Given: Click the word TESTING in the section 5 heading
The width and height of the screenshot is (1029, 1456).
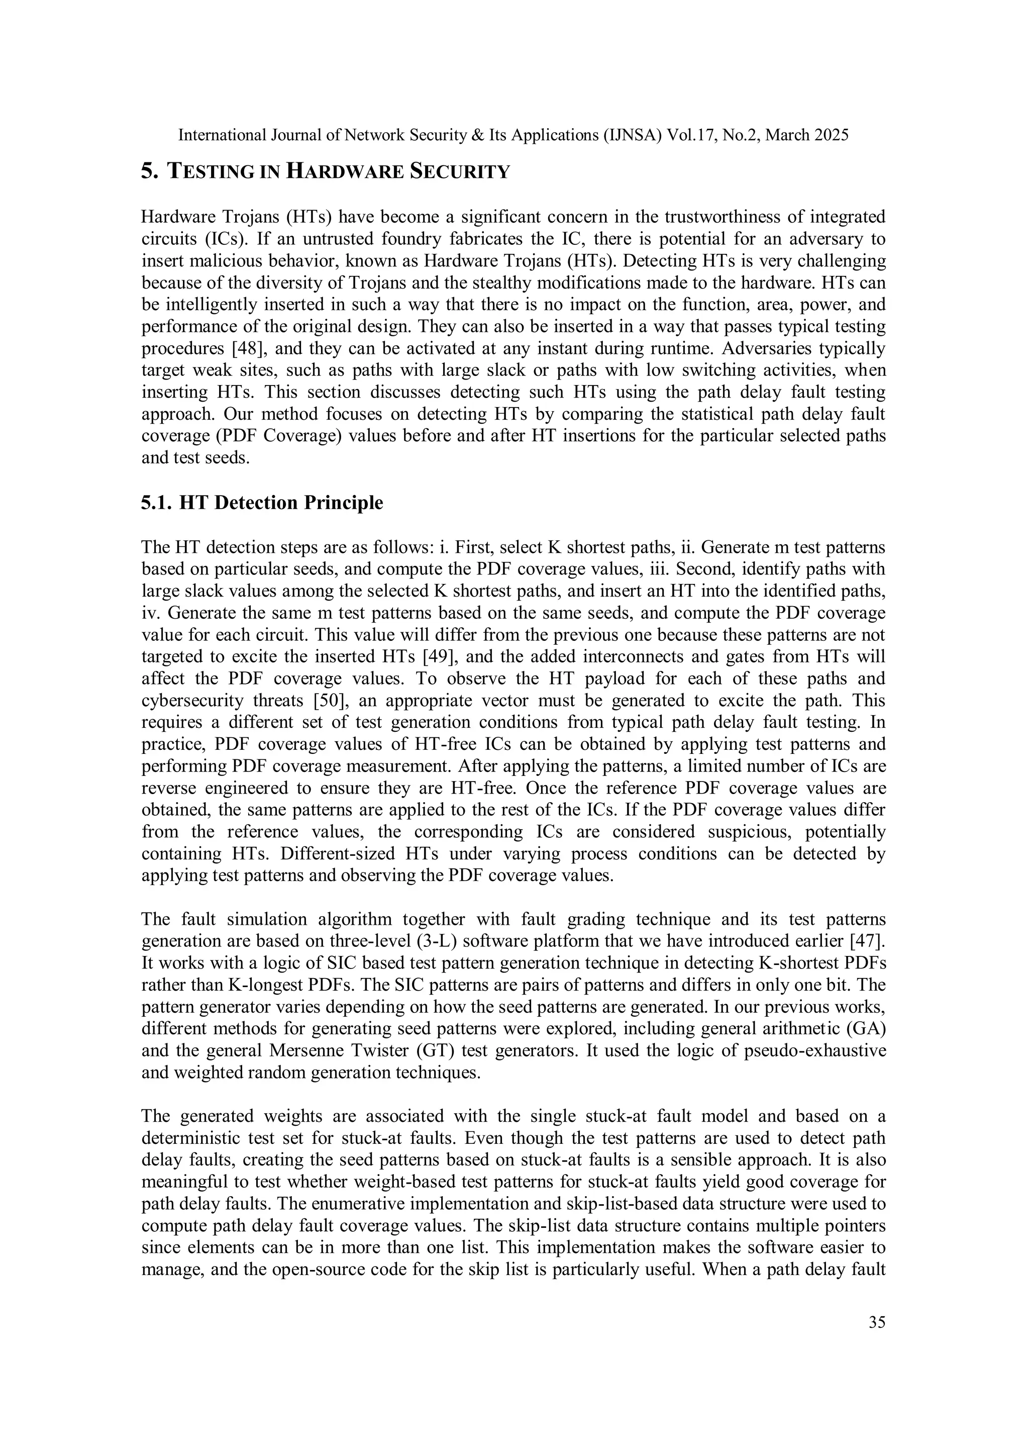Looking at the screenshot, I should tap(211, 172).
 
